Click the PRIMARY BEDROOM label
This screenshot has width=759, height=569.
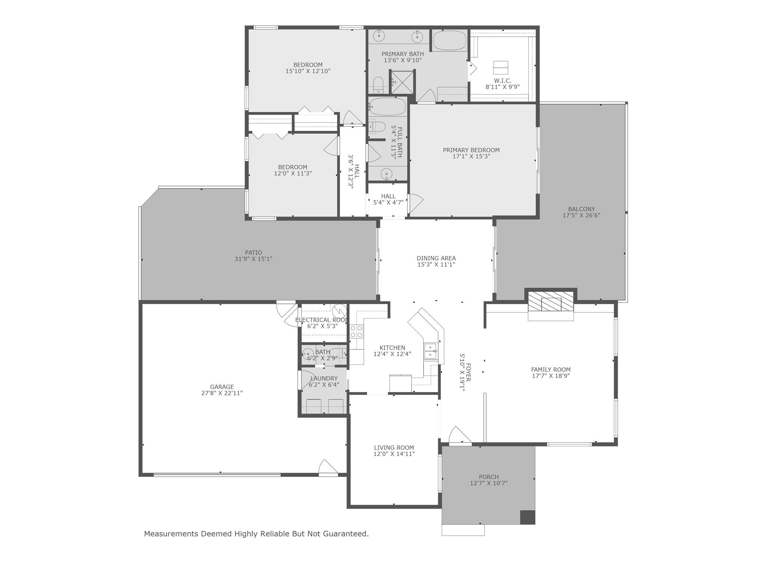(471, 150)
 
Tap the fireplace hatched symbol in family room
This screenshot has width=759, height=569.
(551, 301)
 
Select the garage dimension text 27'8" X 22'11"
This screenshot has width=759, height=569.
(222, 393)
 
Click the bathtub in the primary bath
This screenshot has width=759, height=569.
(449, 41)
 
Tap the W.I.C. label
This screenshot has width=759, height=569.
(502, 81)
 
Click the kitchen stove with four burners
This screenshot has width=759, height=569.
(356, 331)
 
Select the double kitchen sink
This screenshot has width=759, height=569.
(430, 351)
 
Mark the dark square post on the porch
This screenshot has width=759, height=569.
(527, 517)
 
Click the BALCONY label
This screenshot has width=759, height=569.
(581, 209)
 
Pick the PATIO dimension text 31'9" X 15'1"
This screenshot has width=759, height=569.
(253, 259)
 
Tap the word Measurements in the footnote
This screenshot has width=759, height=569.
(171, 534)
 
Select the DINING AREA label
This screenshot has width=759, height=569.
(436, 258)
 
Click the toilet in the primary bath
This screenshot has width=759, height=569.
(378, 85)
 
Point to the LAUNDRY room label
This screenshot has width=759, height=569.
(324, 378)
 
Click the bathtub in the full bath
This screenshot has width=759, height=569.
(387, 107)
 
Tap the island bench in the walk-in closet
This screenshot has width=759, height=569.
(500, 67)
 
